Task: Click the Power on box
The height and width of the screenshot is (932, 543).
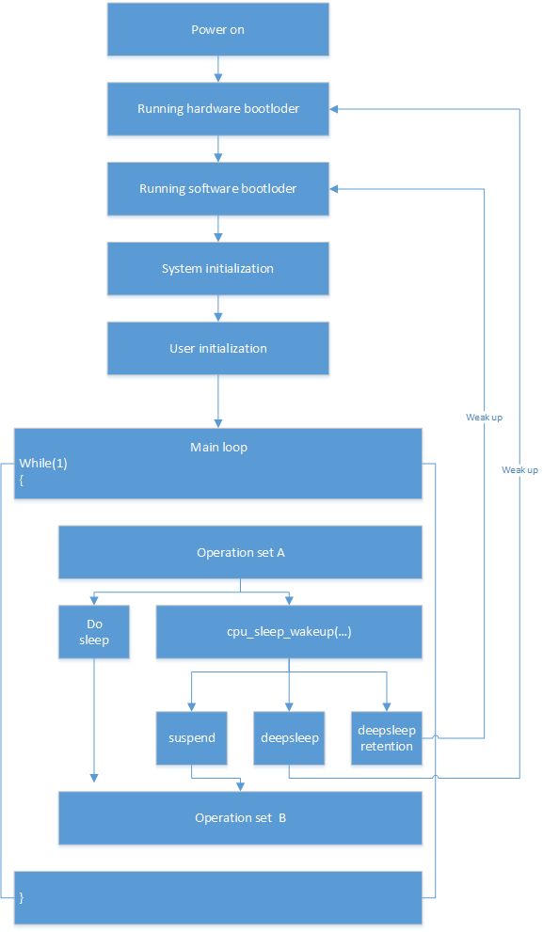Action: click(217, 29)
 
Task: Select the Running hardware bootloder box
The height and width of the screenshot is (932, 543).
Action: click(217, 109)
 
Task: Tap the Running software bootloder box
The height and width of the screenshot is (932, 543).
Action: click(217, 189)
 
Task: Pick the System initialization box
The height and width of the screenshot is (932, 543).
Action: click(217, 269)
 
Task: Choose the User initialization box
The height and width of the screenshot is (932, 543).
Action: click(217, 349)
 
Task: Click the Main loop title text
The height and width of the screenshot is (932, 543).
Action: click(218, 447)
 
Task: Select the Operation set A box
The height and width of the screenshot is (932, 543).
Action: click(240, 553)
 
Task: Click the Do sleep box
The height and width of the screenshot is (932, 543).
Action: click(94, 632)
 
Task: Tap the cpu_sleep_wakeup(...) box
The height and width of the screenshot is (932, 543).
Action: click(288, 632)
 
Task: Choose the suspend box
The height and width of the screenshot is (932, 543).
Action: click(191, 737)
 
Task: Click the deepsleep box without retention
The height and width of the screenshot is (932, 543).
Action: click(289, 737)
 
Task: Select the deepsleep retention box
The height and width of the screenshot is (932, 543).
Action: click(386, 737)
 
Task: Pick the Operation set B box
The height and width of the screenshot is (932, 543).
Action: click(240, 818)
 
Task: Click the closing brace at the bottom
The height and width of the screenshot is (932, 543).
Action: click(21, 898)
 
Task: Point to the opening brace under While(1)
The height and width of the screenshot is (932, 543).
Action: click(21, 480)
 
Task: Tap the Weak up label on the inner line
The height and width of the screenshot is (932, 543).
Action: click(484, 417)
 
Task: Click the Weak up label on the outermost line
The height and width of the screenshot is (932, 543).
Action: click(519, 469)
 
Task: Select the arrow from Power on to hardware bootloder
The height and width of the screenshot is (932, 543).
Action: click(218, 68)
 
